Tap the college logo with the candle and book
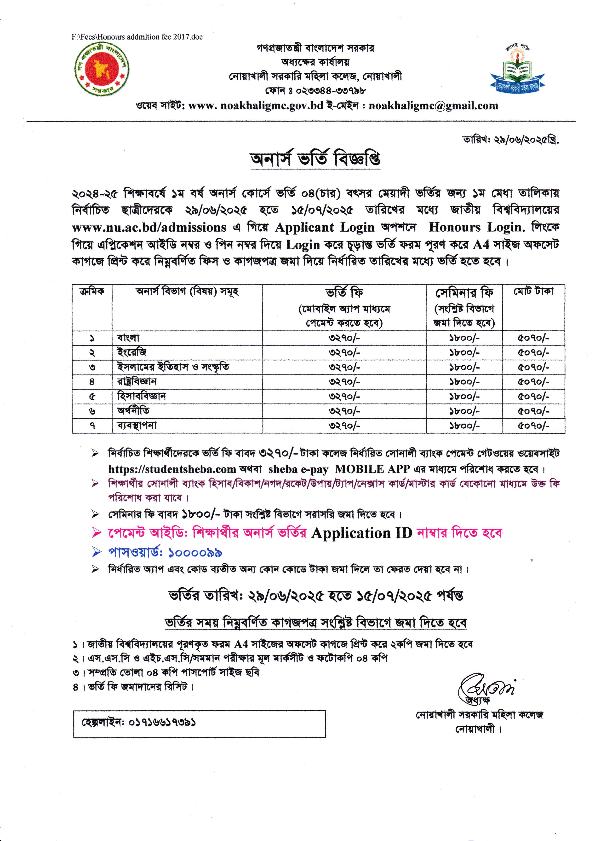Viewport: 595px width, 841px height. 517,70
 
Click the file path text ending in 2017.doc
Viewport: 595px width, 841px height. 137,37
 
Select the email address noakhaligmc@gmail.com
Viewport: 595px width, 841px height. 433,106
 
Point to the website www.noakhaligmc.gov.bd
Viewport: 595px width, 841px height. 256,106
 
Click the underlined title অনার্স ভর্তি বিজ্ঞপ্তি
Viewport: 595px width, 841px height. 315,159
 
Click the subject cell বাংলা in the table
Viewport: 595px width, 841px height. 128,338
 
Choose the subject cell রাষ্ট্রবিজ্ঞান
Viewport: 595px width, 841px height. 137,382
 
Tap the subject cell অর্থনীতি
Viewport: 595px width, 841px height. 133,411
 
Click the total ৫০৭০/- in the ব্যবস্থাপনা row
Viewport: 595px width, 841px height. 533,426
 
